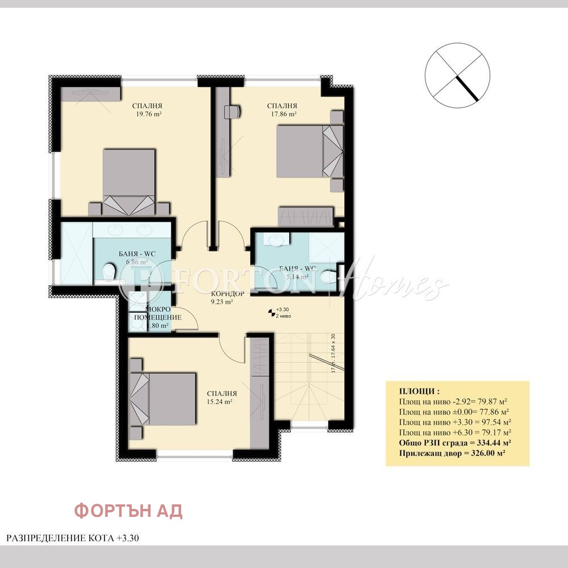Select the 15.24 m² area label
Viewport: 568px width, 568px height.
pos(222,402)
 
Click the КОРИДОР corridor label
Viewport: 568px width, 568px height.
pos(227,294)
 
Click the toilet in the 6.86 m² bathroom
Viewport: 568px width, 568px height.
pos(111,273)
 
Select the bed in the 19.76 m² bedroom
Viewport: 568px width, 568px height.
pos(129,182)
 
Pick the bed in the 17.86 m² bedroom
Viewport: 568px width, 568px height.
pos(310,151)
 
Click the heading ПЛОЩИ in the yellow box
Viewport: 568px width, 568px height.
pos(419,391)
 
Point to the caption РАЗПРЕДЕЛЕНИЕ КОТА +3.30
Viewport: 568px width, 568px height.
pos(73,537)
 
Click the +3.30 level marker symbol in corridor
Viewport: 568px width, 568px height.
pos(271,312)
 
